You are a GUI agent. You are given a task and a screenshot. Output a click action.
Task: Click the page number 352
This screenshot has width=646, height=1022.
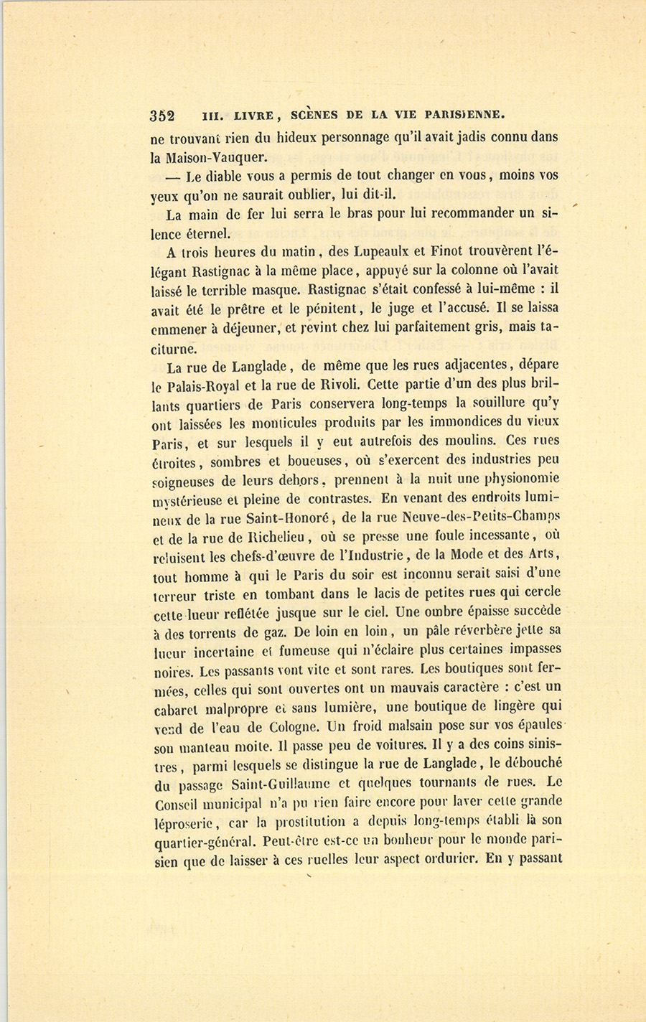[164, 116]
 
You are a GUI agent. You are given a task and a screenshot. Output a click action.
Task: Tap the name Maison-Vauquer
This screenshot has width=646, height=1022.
[212, 156]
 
